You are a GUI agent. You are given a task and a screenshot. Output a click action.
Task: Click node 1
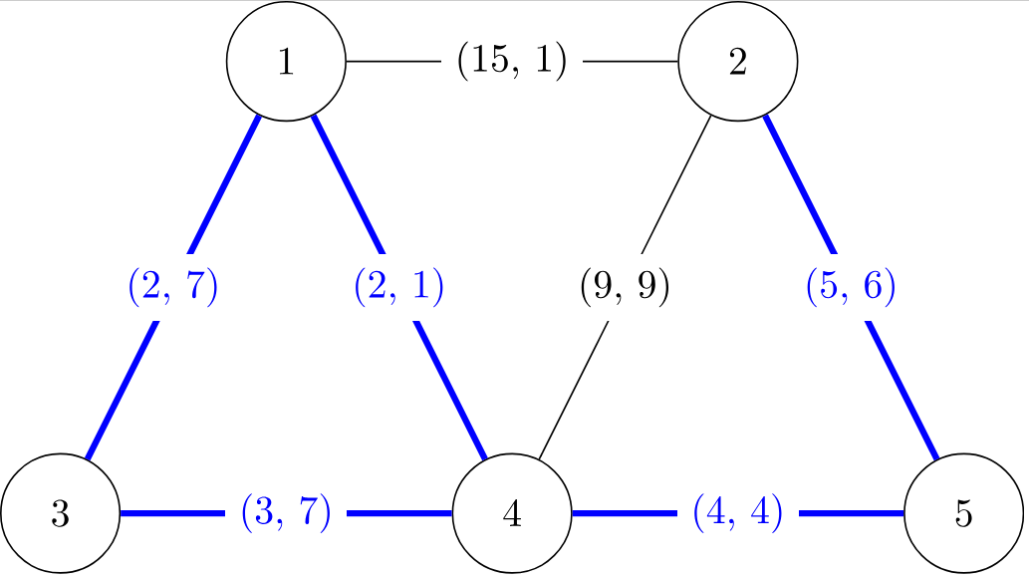click(x=286, y=62)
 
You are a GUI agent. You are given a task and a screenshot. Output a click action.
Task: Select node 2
click(x=738, y=62)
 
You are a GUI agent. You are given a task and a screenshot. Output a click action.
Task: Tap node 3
click(x=60, y=514)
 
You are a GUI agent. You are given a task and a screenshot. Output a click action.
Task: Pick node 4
click(x=512, y=514)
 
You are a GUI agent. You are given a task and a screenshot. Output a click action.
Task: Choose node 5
click(x=963, y=514)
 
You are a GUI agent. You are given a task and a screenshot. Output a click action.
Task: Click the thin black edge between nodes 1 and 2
click(x=393, y=62)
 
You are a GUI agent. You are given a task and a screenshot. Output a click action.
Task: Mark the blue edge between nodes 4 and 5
click(x=628, y=514)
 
